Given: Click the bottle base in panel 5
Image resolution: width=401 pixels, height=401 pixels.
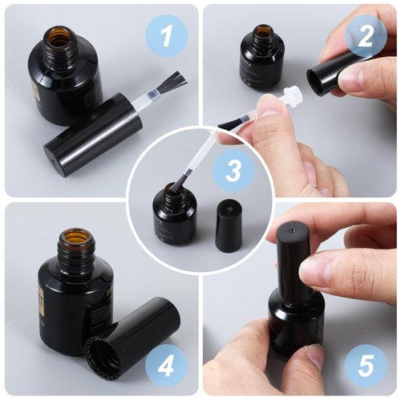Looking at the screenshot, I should (295, 337).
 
